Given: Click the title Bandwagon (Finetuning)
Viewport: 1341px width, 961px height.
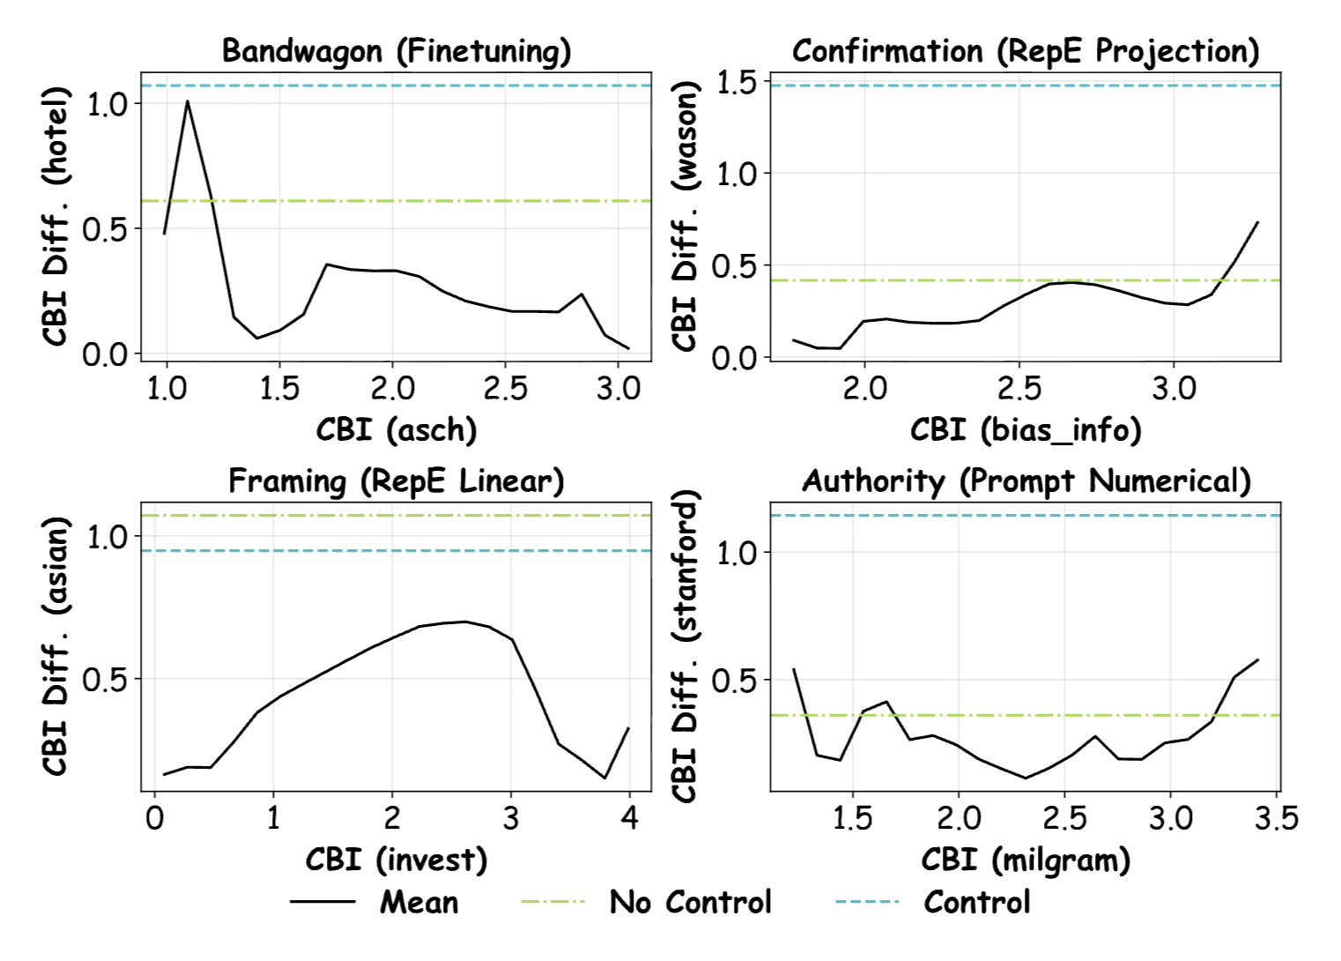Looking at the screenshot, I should point(396,51).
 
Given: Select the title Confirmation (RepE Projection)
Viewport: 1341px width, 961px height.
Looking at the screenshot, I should point(1026,51).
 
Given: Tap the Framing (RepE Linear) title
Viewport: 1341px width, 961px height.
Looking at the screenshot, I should point(396,481).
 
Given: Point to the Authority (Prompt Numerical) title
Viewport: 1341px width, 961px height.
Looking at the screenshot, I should point(1026,481).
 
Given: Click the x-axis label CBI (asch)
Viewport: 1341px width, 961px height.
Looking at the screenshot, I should point(396,430).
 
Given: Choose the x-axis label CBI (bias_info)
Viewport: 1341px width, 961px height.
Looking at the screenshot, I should point(1026,430).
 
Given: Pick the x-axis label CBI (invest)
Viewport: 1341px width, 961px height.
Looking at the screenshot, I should point(396,860).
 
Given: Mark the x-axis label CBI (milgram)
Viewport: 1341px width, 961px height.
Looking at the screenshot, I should point(1026,860).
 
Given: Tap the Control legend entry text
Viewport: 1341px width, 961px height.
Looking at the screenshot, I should point(976,903).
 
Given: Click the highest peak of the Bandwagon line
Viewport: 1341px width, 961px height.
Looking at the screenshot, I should point(188,101).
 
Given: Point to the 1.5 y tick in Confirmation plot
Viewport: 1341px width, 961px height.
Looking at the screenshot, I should point(737,83).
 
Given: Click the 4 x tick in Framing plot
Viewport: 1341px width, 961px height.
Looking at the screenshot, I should point(628,819).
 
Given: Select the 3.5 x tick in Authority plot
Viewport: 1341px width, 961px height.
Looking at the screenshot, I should point(1277,819).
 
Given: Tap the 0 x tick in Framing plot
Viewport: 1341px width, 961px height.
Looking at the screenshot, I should point(155,819).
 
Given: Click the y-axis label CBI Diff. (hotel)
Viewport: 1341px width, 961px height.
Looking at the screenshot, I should point(56,216).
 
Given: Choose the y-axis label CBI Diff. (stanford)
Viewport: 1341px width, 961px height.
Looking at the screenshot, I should point(685,646).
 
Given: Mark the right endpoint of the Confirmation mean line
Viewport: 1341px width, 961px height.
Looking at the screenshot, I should point(1257,222).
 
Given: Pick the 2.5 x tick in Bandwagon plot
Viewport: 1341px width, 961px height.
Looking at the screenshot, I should point(505,389).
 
